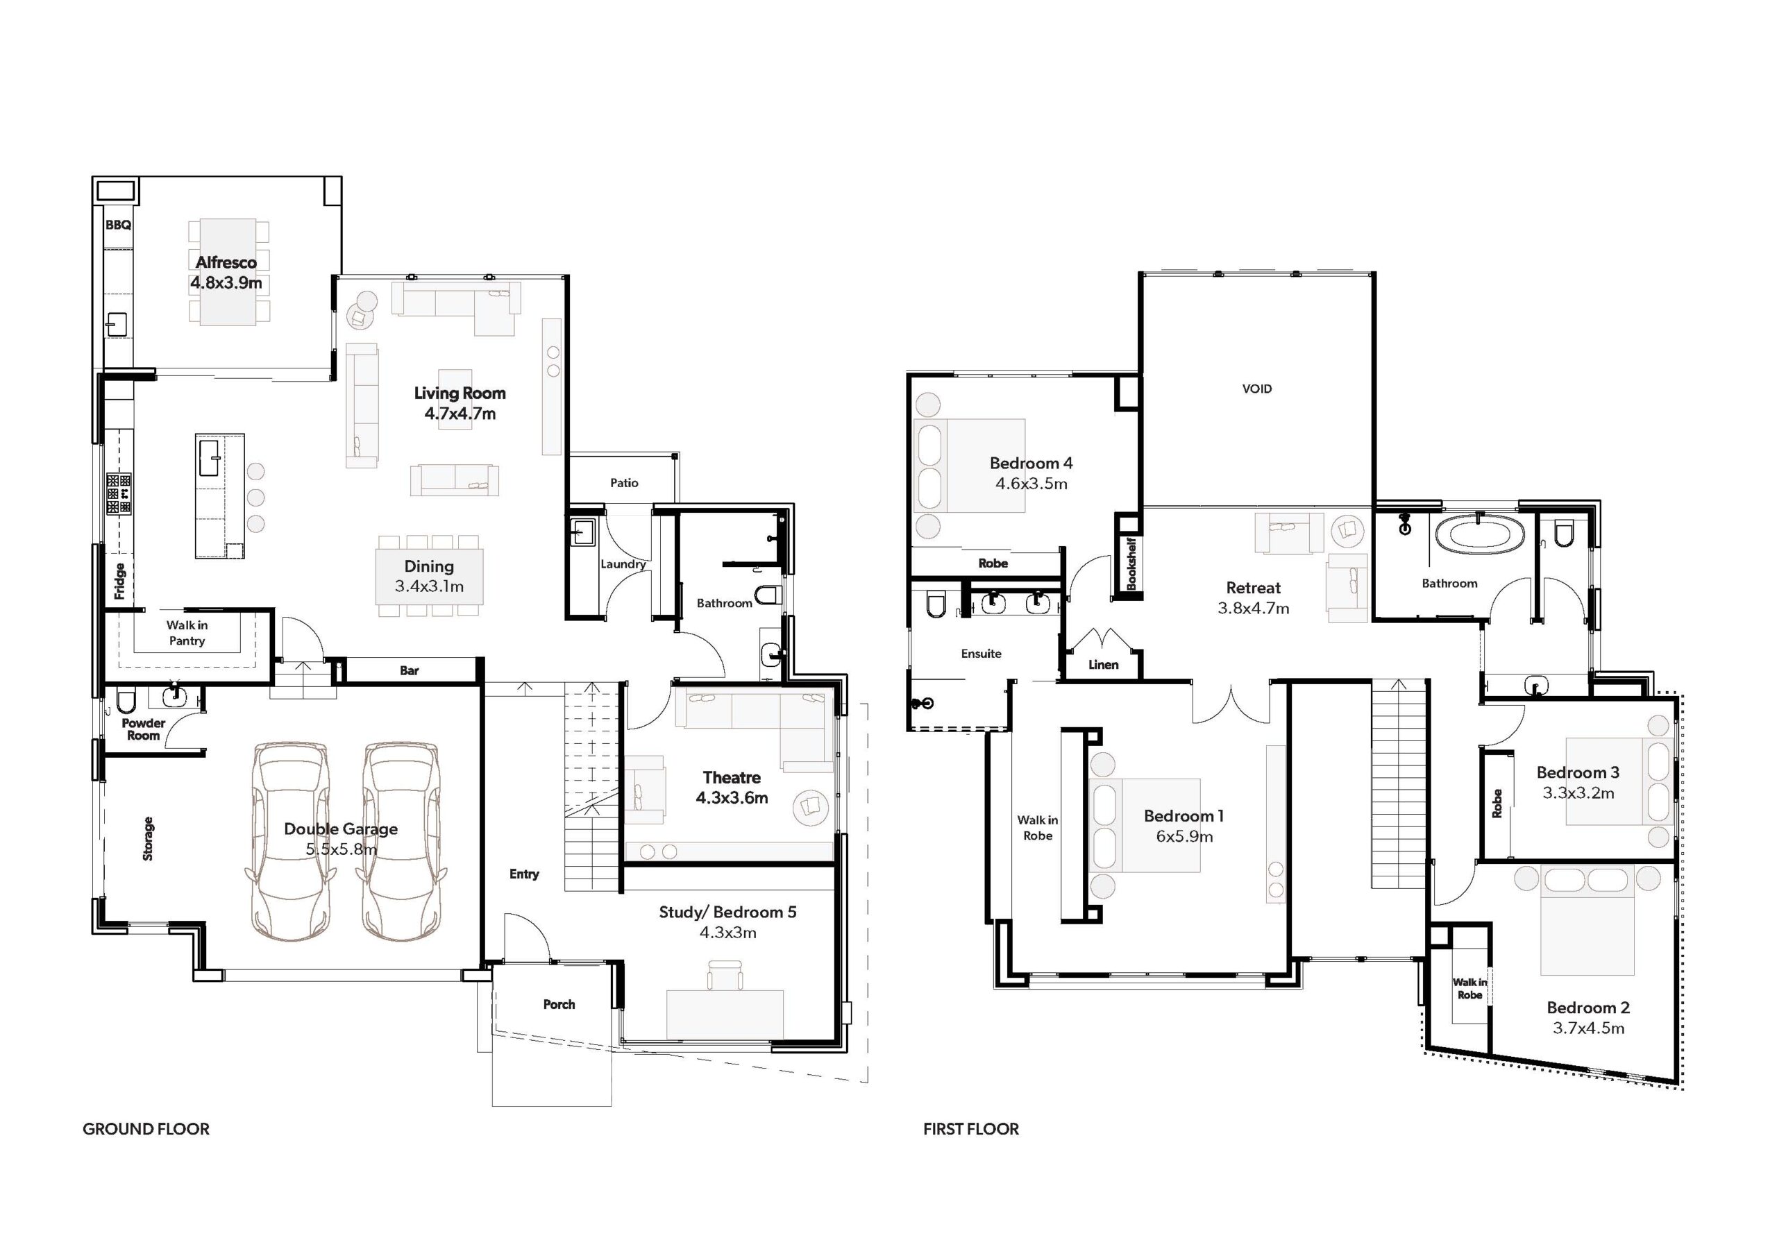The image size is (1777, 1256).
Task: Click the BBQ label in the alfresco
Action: click(119, 226)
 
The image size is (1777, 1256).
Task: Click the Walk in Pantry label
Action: click(187, 633)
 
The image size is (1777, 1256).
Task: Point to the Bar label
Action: click(410, 671)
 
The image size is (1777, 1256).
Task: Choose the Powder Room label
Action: click(143, 730)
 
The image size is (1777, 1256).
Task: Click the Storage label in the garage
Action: click(148, 839)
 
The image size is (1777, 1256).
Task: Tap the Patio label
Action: click(624, 483)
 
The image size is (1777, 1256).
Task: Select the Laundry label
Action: click(623, 564)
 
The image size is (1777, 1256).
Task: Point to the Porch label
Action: click(559, 1005)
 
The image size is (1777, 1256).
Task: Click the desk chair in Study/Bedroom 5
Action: click(725, 975)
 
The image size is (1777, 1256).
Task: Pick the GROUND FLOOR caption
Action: click(146, 1129)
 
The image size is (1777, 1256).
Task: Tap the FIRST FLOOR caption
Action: click(971, 1129)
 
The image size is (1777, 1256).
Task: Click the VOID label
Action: click(1257, 389)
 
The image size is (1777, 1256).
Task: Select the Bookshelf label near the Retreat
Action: click(1131, 563)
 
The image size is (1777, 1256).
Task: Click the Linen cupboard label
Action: click(1103, 665)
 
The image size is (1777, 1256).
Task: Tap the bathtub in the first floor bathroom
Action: click(1480, 536)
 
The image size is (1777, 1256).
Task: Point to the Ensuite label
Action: click(982, 654)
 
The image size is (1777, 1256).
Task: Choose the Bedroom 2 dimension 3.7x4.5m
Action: click(1588, 1028)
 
